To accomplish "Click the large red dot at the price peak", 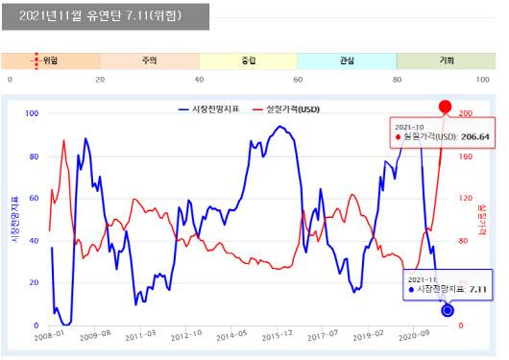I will coord(445,107).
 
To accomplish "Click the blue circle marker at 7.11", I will coord(448,309).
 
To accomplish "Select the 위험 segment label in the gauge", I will coord(50,60).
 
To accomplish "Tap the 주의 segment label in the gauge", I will coord(149,60).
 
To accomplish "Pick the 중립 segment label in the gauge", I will coord(249,60).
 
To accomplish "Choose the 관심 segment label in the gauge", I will coord(347,60).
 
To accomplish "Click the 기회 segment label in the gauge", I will coord(446,60).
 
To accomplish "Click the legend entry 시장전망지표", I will coord(213,109).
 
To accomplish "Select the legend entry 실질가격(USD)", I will coord(286,109).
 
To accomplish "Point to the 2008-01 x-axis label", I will coord(49,336).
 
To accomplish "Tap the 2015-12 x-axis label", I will coord(277,336).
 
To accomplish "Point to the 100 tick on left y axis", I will coord(33,113).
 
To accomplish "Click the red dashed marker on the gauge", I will coord(36,60).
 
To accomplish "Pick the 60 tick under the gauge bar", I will coord(298,80).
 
